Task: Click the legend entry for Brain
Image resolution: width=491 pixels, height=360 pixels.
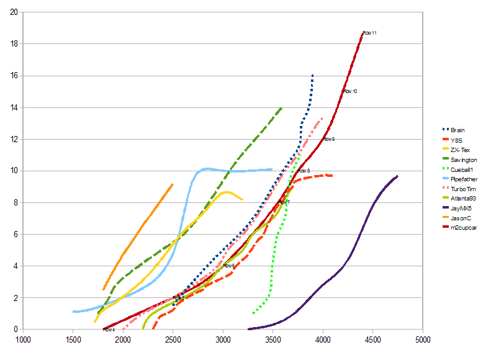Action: (457, 130)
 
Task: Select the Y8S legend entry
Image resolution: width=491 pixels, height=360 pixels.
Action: (456, 140)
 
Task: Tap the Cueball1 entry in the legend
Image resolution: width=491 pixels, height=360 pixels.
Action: (462, 169)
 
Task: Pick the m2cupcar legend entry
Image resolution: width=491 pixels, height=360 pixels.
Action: (463, 227)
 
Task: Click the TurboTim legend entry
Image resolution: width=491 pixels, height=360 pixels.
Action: (462, 188)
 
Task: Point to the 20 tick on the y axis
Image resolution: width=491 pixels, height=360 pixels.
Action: (14, 12)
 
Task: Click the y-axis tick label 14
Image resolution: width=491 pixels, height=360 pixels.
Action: (14, 107)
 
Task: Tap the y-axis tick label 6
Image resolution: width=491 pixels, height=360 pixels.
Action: (16, 235)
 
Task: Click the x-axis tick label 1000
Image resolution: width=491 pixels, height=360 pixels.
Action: (24, 340)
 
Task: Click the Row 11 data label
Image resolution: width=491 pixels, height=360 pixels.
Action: (370, 33)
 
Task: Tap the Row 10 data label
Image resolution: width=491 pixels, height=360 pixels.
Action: (350, 91)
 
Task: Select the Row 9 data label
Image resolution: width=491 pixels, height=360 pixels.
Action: (329, 139)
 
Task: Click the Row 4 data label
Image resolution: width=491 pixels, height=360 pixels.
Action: (109, 330)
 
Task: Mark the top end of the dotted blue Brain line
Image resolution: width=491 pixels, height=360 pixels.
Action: (312, 75)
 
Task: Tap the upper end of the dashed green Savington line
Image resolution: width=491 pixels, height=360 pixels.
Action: (282, 107)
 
